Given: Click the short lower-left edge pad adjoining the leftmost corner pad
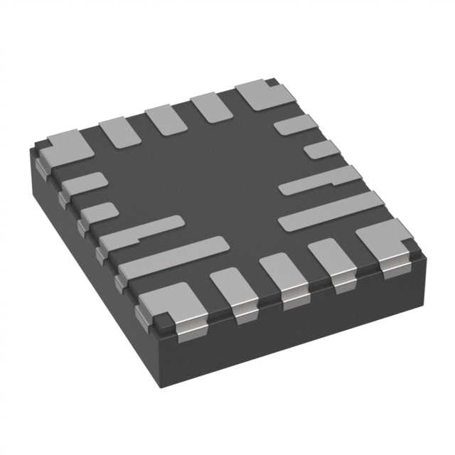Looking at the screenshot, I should coord(84,183).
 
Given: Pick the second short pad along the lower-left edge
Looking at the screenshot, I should coord(99,212).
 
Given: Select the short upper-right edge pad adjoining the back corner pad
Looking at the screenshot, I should coord(296,125).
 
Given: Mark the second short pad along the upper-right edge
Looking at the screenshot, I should coord(321,149).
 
